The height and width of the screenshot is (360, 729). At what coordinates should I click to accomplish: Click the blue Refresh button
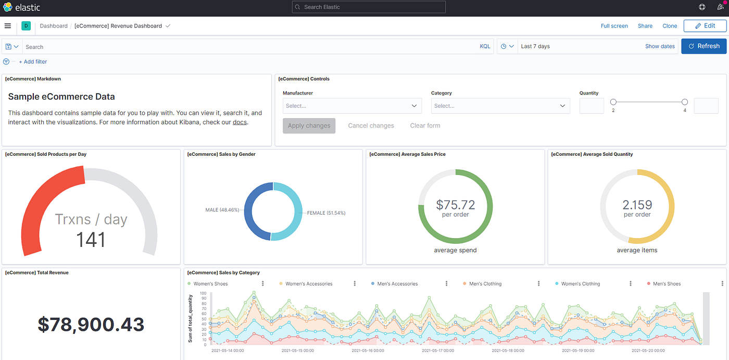click(x=703, y=46)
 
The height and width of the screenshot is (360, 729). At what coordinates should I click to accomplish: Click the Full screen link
click(x=614, y=26)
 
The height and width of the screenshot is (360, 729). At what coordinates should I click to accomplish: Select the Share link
click(x=645, y=26)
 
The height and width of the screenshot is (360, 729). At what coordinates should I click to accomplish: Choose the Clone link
click(x=670, y=26)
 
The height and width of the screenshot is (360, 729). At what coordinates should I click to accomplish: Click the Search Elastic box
click(x=369, y=7)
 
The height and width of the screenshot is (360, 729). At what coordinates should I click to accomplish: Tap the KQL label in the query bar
click(x=485, y=46)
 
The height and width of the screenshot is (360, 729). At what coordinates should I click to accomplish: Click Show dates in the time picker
click(x=660, y=46)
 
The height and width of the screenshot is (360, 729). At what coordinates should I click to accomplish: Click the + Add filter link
click(x=33, y=61)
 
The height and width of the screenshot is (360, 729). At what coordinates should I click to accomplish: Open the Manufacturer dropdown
click(x=352, y=106)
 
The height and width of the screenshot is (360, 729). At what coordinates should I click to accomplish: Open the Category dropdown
click(x=500, y=106)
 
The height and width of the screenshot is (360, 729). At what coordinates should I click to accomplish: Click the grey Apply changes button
click(x=309, y=126)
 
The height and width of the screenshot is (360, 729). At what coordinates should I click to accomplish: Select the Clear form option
click(x=425, y=126)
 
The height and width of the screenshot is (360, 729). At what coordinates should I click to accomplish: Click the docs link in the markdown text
click(x=240, y=122)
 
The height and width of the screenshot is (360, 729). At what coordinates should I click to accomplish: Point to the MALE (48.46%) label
click(x=222, y=210)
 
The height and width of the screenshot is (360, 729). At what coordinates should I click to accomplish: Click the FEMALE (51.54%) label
click(x=326, y=213)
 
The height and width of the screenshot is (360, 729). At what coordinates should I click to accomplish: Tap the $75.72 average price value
click(x=455, y=204)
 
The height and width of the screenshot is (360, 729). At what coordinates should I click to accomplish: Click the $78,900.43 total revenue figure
click(x=91, y=324)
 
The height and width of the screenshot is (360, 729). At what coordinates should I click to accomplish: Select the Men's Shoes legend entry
click(x=667, y=284)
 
